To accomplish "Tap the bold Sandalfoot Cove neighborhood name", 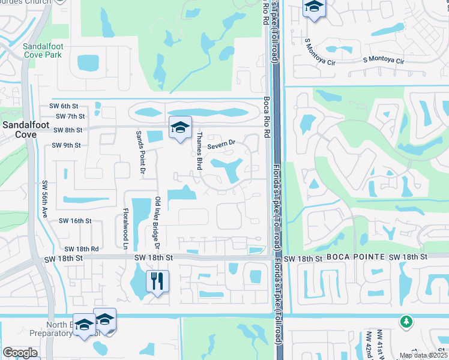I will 19,130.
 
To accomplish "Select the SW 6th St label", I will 65,106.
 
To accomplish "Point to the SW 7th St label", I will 70,116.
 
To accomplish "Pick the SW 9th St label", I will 66,145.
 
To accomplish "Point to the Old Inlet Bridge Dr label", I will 158,222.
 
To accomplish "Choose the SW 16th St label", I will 74,221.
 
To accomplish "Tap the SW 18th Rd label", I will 81,248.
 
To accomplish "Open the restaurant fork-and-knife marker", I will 158,280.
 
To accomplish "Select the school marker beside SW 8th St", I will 179,127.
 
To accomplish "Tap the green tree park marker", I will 406,321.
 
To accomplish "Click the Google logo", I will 19,353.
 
